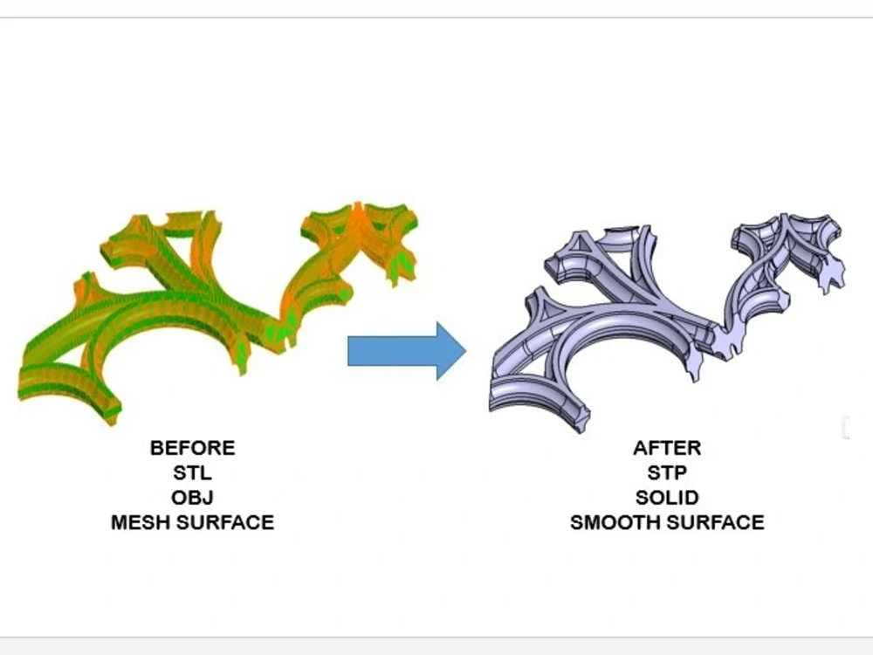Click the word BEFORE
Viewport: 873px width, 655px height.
point(193,448)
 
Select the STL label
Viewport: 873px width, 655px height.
point(193,472)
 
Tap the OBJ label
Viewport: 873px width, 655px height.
point(193,498)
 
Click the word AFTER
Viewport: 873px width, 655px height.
point(667,448)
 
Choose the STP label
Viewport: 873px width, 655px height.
point(667,472)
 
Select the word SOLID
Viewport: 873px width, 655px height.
point(667,498)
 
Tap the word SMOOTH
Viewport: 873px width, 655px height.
point(615,522)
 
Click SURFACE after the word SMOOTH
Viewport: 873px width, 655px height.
point(716,522)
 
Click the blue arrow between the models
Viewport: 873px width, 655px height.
point(407,351)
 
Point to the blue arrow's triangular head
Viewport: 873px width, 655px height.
point(451,351)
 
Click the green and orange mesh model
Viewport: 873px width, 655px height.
point(217,312)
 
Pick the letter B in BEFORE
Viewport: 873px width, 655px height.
point(157,448)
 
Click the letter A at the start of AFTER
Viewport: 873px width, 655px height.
point(641,448)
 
